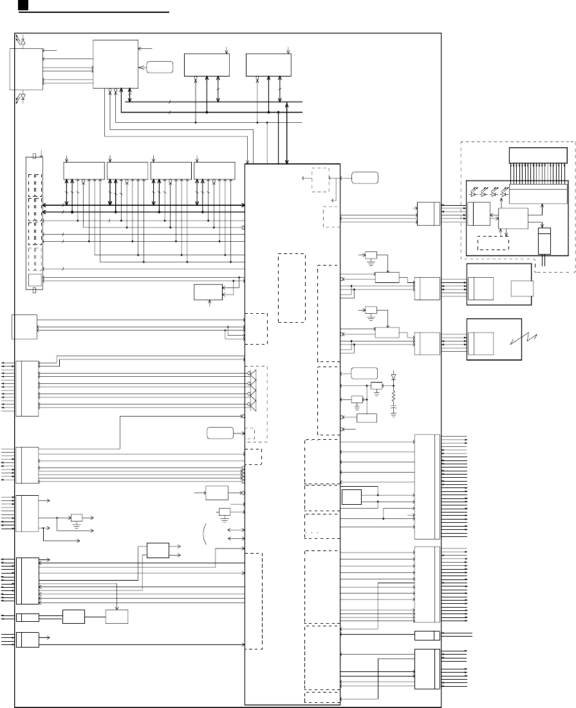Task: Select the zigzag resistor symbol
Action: pyautogui.click(x=395, y=394)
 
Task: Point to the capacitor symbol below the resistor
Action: pyautogui.click(x=395, y=408)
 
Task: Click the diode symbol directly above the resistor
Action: pyautogui.click(x=395, y=376)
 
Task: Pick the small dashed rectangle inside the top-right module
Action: pyautogui.click(x=492, y=243)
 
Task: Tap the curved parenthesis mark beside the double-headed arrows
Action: pyautogui.click(x=205, y=533)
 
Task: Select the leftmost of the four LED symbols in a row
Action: pyautogui.click(x=474, y=191)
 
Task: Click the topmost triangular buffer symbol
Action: pyautogui.click(x=252, y=375)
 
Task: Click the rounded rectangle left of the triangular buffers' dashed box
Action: pyautogui.click(x=220, y=432)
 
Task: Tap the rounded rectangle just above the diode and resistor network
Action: pyautogui.click(x=364, y=373)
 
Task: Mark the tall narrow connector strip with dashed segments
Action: pyautogui.click(x=33, y=222)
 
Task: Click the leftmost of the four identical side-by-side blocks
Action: pyautogui.click(x=84, y=170)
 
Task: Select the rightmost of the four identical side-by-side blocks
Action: pyautogui.click(x=214, y=170)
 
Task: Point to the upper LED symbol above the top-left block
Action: pyautogui.click(x=24, y=41)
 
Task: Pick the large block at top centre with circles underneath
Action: pyautogui.click(x=115, y=64)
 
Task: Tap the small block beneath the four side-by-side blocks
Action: pyautogui.click(x=207, y=291)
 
